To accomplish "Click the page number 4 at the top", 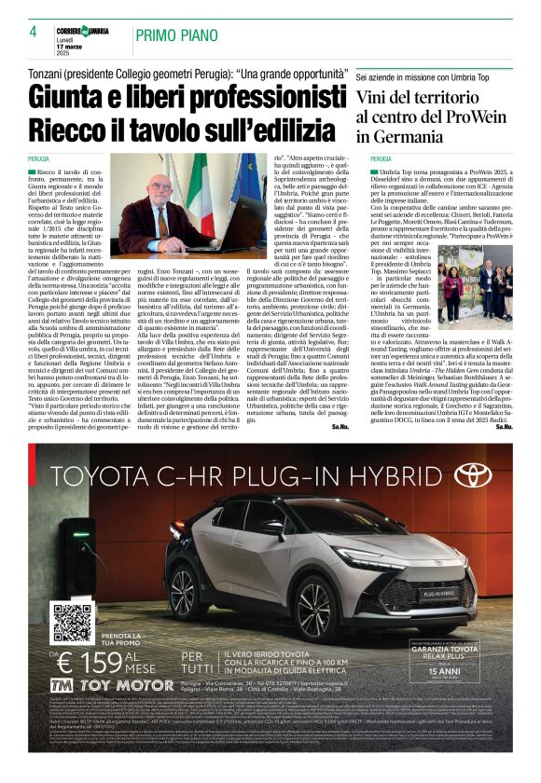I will click(33, 32).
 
